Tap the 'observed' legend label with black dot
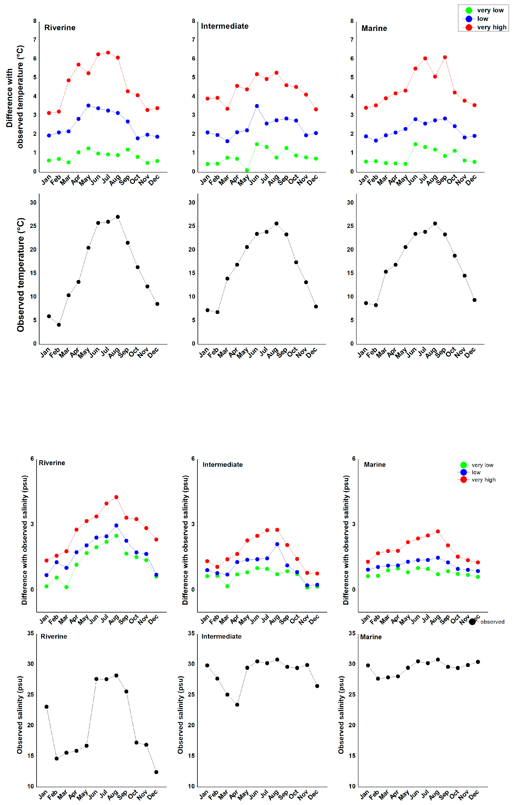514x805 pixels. pyautogui.click(x=492, y=622)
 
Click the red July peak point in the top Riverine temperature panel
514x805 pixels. pyautogui.click(x=108, y=52)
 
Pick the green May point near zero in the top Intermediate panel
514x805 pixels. pyautogui.click(x=247, y=170)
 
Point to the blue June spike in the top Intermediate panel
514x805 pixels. pyautogui.click(x=257, y=106)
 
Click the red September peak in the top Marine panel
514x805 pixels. pyautogui.click(x=445, y=57)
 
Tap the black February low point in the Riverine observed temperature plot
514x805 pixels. pyautogui.click(x=59, y=325)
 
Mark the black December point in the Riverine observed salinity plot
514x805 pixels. pyautogui.click(x=156, y=772)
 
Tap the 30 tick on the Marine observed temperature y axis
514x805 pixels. pyautogui.click(x=350, y=203)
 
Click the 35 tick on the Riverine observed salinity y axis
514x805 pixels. pyautogui.click(x=30, y=634)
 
